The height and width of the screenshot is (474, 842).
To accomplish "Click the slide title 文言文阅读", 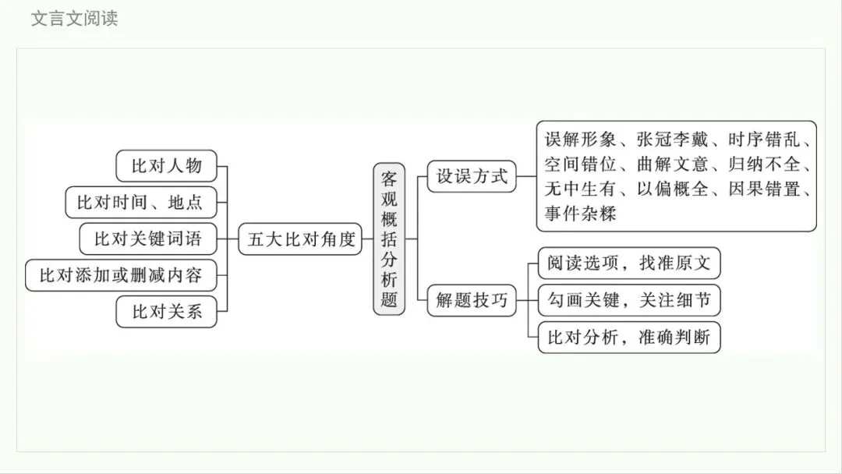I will [74, 18].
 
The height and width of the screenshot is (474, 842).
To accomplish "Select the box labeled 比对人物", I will [166, 165].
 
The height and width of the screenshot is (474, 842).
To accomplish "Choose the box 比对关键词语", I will [147, 239].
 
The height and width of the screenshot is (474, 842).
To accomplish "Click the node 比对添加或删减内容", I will [121, 275].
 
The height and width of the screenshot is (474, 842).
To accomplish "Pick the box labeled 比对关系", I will [166, 312].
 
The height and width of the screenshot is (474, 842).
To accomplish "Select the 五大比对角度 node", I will [301, 239].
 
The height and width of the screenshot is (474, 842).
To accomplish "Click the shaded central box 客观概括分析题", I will [389, 239].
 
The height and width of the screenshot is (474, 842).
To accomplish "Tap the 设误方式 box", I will [472, 176].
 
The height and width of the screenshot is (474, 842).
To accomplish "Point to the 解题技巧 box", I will [472, 300].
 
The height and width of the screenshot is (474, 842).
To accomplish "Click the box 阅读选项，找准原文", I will [628, 263].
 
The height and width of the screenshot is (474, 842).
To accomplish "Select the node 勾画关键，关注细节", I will [628, 300].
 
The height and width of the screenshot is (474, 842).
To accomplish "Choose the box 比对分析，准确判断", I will [628, 338].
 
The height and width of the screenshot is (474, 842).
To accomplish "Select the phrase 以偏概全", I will [674, 189].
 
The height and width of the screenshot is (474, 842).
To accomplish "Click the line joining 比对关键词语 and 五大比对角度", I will [228, 239].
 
